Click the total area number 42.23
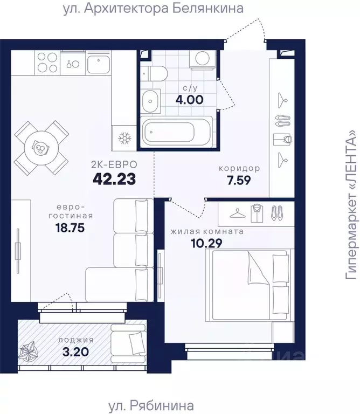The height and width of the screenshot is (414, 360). (114, 179)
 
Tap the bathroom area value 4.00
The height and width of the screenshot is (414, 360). (190, 100)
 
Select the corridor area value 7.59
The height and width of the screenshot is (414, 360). (239, 181)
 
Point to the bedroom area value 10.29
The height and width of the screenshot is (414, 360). (206, 243)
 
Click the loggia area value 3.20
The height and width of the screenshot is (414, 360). (75, 351)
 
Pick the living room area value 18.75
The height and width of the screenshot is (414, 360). (70, 227)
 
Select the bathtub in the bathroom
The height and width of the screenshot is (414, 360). (176, 131)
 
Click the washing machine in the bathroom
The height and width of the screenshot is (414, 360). (203, 60)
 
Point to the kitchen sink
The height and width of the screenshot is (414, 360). (99, 63)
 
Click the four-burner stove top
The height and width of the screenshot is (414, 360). (47, 63)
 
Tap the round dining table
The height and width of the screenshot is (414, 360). (41, 148)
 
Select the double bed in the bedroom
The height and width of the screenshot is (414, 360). (250, 285)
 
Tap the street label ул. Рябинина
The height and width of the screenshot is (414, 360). (151, 405)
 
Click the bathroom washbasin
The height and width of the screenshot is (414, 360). (150, 101)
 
